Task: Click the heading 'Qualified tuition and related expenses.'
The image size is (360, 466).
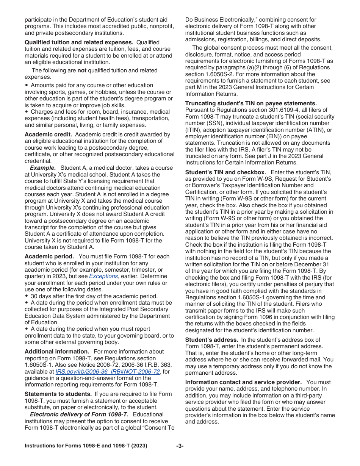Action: click(x=79, y=42)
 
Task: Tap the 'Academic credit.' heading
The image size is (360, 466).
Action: click(x=48, y=134)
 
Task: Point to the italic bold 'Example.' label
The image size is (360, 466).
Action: click(x=43, y=168)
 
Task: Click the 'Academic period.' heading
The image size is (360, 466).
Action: click(x=49, y=256)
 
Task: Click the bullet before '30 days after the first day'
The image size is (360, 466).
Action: click(x=27, y=296)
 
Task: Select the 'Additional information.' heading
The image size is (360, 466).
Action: click(x=57, y=352)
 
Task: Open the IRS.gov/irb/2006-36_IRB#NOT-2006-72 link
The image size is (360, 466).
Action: click(x=108, y=372)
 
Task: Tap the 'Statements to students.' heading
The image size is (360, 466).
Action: click(x=58, y=394)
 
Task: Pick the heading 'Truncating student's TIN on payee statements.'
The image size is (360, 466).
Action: click(x=251, y=103)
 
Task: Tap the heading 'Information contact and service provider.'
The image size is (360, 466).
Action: click(x=243, y=382)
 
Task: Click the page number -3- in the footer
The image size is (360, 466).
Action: click(x=180, y=446)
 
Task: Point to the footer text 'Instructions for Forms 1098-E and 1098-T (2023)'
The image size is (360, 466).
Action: click(x=86, y=446)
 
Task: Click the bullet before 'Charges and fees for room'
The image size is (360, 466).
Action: click(x=27, y=112)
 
